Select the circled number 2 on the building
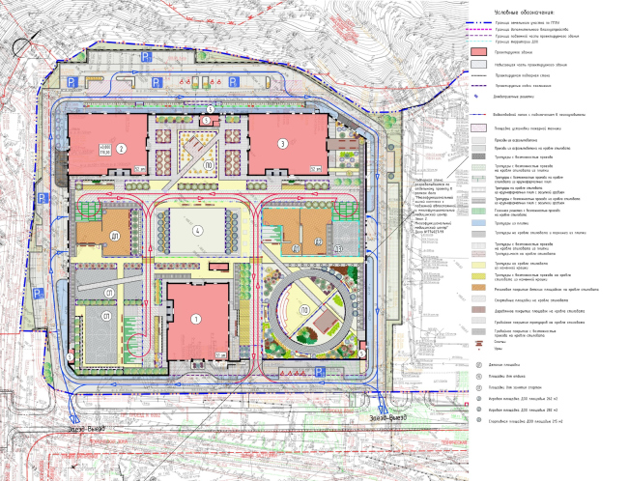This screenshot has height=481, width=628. (121, 149)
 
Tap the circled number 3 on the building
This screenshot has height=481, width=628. (283, 144)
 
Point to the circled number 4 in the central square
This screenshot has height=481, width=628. (196, 230)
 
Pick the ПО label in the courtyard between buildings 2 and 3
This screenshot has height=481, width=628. (208, 165)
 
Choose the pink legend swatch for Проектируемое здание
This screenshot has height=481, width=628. (479, 52)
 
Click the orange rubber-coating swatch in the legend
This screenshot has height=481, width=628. (479, 287)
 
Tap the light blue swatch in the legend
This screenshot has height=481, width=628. (479, 222)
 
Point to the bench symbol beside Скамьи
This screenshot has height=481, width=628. (479, 343)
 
